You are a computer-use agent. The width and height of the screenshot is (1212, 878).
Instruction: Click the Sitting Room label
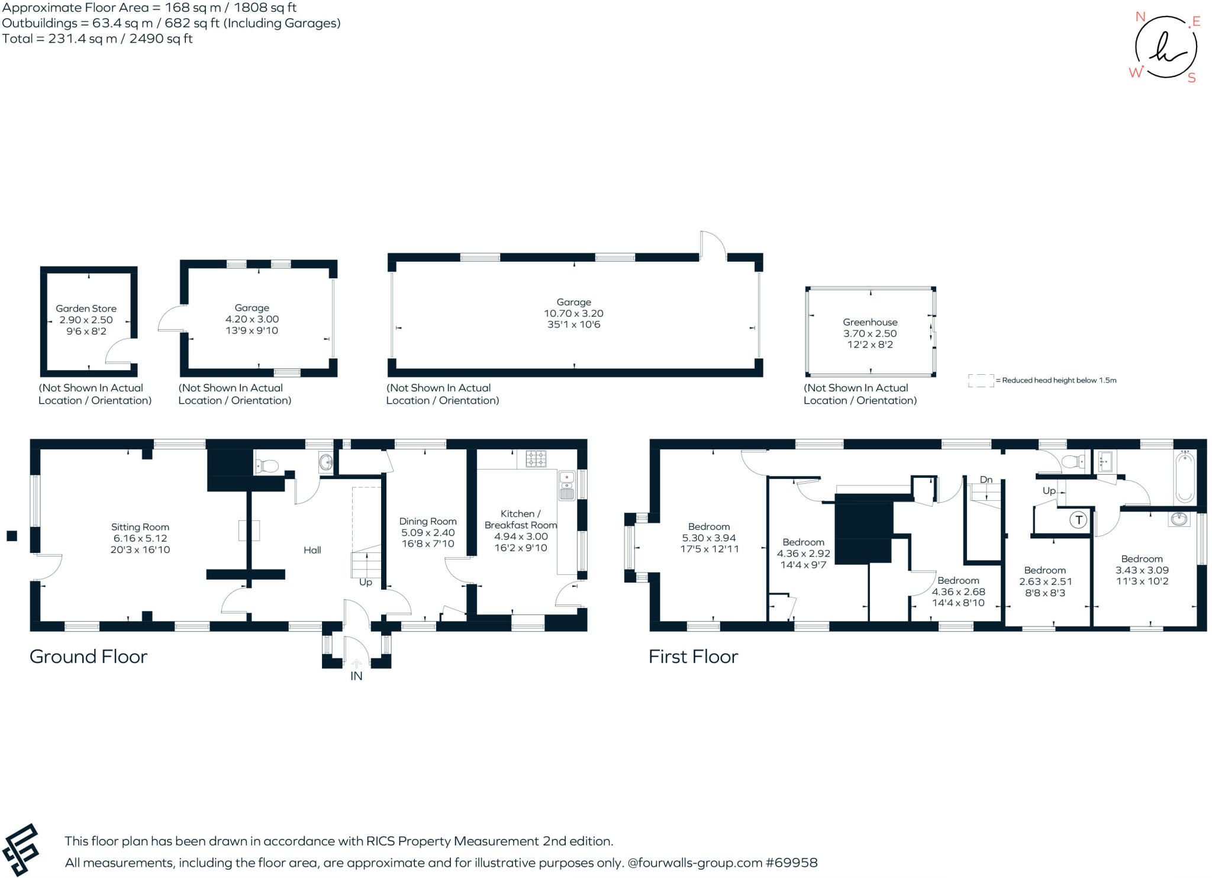[x=140, y=527]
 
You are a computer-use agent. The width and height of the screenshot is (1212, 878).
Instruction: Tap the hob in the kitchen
[x=536, y=458]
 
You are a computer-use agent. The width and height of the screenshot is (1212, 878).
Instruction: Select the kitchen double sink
[x=566, y=485]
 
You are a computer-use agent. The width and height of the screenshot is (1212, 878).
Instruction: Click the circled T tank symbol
[x=1078, y=520]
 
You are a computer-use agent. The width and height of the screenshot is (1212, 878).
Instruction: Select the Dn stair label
[x=986, y=480]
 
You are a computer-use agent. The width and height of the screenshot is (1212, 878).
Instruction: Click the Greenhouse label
[x=870, y=322]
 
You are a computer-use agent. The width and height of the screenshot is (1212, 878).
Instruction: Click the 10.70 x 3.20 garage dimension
[x=573, y=313]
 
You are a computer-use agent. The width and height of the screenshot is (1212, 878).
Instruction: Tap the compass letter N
[x=1140, y=17]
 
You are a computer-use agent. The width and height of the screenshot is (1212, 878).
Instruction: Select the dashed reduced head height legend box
[x=981, y=381]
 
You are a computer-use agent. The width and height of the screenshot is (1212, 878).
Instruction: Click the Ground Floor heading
[x=88, y=657]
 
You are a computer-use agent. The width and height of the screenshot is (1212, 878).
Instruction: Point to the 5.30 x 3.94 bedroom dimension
[x=709, y=538]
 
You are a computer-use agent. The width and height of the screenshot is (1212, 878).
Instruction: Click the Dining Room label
[x=428, y=521]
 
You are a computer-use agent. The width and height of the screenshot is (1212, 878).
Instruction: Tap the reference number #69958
[x=791, y=863]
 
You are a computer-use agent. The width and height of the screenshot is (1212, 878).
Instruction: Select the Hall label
[x=312, y=550]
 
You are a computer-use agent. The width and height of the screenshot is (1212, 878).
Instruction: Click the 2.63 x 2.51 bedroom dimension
[x=1045, y=581]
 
